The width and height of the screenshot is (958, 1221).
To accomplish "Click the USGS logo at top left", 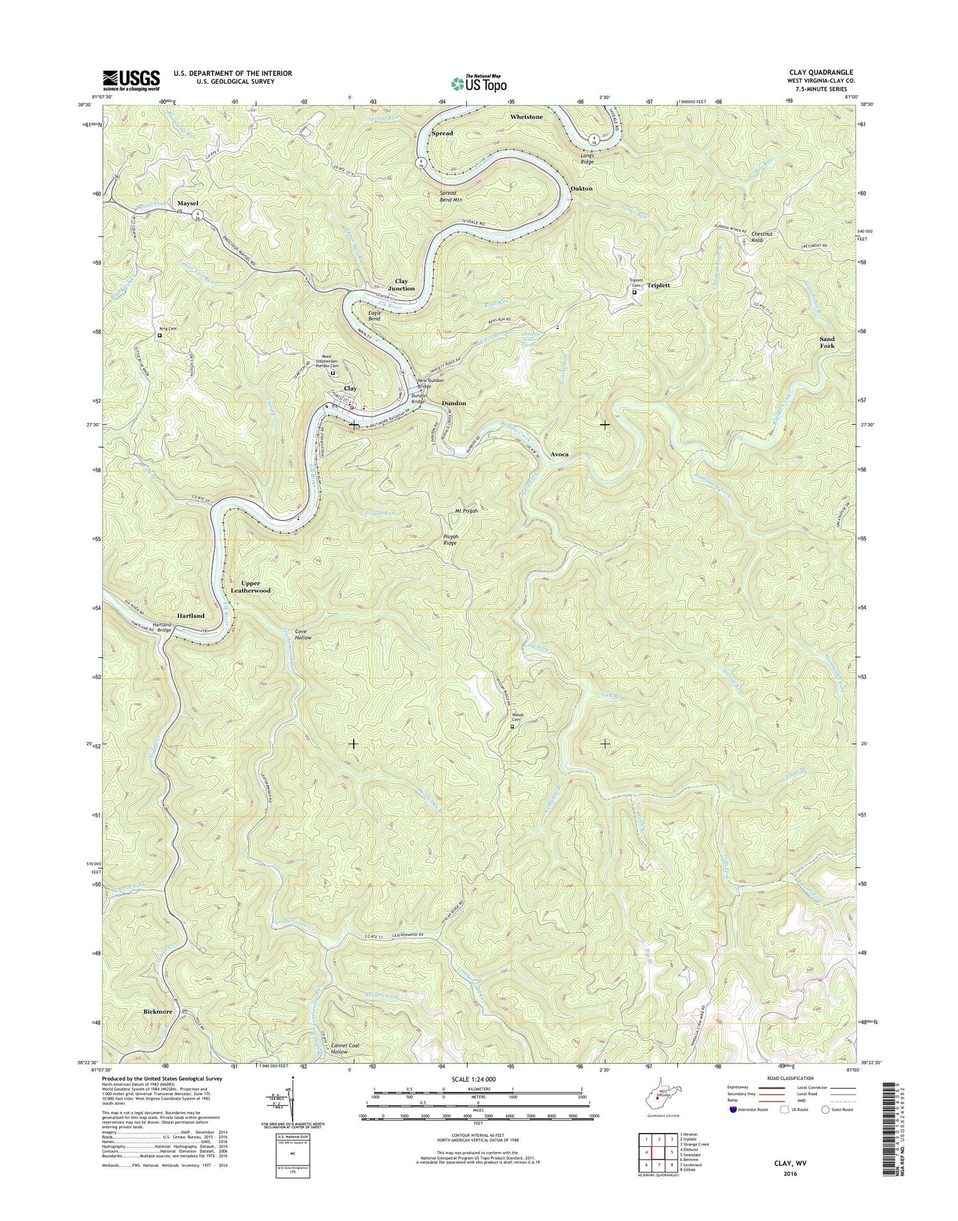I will tap(132, 79).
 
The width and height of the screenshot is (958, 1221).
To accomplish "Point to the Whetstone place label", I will tap(526, 118).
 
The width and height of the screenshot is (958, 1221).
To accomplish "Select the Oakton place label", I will tap(581, 189).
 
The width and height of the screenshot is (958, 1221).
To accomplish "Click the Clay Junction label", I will tap(401, 285).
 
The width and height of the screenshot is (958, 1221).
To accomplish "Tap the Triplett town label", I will tap(658, 285).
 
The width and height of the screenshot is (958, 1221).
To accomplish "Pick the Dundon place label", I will tap(453, 404).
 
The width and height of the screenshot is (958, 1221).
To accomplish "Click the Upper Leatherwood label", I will tap(255, 587).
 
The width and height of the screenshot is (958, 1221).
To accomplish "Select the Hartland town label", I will tap(190, 616).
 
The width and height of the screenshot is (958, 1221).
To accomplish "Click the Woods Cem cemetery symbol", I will tap(512, 726).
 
